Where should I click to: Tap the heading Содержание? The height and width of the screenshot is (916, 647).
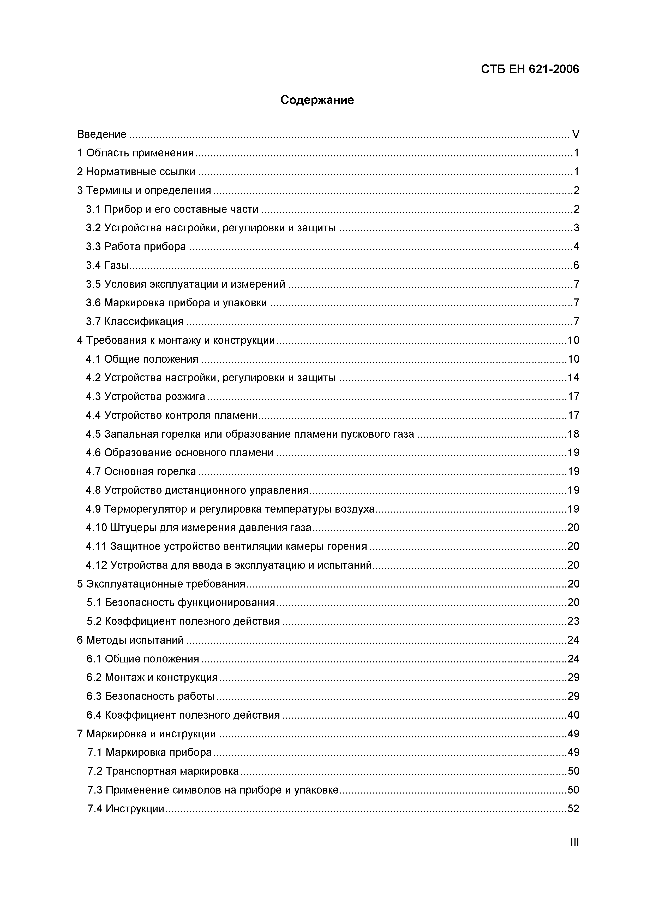[317, 100]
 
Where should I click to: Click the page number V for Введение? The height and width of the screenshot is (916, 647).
[575, 134]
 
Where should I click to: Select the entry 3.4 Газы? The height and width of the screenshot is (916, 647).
[110, 265]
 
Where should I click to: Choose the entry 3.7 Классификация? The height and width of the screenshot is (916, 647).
[135, 321]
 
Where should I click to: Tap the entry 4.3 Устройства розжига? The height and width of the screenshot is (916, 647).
[146, 397]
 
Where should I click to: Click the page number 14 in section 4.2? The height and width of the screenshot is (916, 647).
[573, 378]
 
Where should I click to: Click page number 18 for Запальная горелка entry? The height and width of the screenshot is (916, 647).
[573, 434]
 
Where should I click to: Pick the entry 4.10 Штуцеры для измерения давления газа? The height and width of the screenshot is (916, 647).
[199, 528]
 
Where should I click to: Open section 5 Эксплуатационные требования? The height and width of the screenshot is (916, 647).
[161, 584]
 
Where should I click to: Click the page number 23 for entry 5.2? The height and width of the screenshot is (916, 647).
[573, 621]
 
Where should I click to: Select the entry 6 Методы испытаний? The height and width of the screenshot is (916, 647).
[130, 640]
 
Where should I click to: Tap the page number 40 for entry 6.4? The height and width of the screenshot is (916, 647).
[573, 715]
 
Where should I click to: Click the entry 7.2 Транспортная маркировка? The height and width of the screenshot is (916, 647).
[163, 771]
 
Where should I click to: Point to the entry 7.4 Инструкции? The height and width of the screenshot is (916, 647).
[126, 809]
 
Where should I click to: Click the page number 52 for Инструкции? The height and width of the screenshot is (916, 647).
[573, 809]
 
